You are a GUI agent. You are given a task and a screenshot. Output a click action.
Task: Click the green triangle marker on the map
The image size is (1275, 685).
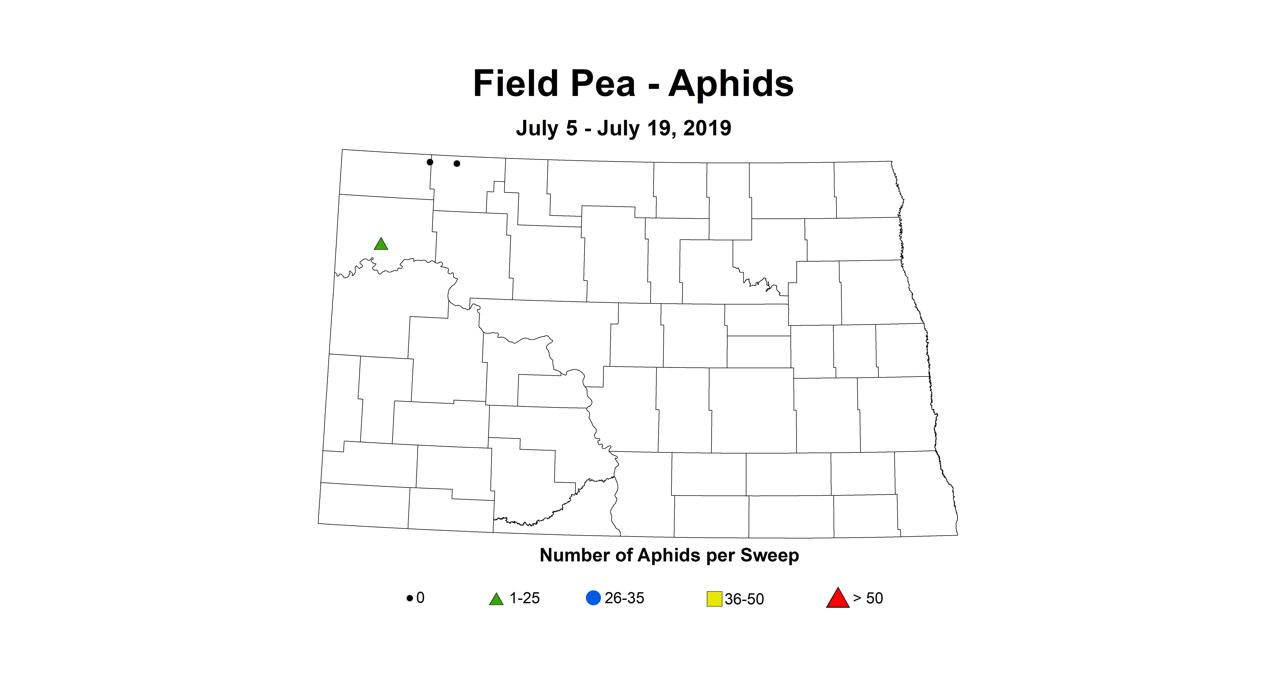point(381,244)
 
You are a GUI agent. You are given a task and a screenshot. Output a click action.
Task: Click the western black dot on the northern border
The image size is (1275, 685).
point(430,162)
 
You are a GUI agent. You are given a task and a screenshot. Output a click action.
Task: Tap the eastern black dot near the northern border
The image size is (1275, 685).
point(457,163)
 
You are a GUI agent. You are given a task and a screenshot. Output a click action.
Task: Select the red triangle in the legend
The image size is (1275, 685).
point(837,598)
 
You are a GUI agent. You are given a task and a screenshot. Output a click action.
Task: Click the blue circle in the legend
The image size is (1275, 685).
point(593,598)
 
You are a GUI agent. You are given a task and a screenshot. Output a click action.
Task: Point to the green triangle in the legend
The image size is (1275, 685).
point(496,599)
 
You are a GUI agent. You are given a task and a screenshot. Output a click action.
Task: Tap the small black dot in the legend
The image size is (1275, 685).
point(409,598)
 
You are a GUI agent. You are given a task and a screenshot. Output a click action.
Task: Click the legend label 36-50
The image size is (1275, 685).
point(744,599)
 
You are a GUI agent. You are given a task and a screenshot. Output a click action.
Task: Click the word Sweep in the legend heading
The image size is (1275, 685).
point(770,555)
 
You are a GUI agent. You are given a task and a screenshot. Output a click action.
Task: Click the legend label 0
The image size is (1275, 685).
point(420,598)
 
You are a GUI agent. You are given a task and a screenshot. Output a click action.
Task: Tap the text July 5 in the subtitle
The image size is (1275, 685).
point(547,128)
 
